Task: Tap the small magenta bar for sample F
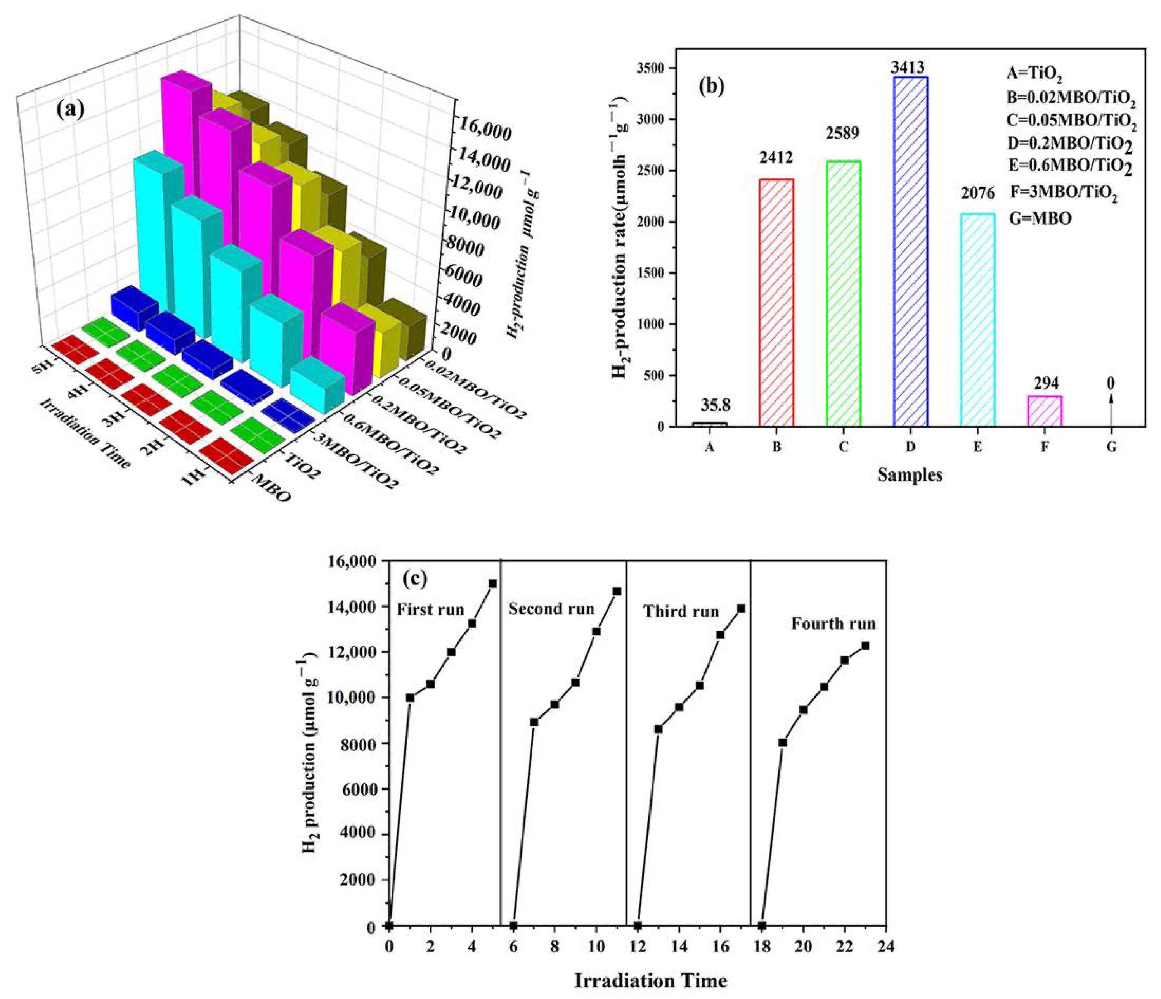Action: pyautogui.click(x=1045, y=411)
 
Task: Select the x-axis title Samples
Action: pyautogui.click(x=910, y=475)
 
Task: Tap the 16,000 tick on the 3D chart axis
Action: pyautogui.click(x=483, y=133)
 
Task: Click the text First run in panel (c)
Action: pyautogui.click(x=430, y=609)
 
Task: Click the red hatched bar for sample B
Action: pyautogui.click(x=776, y=303)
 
